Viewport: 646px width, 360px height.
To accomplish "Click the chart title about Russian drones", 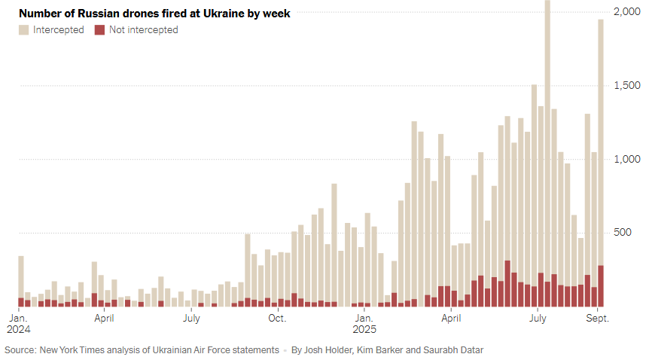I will (x=154, y=13).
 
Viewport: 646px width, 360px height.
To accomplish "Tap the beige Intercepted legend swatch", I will (x=24, y=30).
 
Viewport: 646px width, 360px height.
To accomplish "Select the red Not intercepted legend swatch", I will (x=99, y=30).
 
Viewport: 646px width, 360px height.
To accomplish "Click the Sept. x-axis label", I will (x=598, y=318).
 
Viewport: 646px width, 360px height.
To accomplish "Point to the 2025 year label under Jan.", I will (x=365, y=329).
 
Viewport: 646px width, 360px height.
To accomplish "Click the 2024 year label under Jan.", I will (x=19, y=329).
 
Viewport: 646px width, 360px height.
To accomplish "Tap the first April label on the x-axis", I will (x=104, y=318).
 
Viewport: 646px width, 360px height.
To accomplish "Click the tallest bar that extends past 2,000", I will (x=547, y=151).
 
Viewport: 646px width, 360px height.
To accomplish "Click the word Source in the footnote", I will (x=20, y=349).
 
